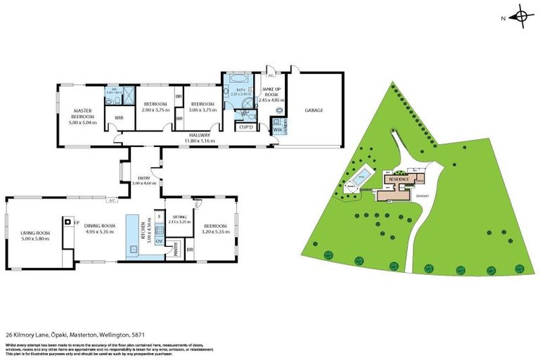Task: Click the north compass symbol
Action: click(522, 16)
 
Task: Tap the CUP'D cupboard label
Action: click(245, 127)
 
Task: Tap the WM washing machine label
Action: click(276, 130)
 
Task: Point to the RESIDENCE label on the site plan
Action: click(396, 180)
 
